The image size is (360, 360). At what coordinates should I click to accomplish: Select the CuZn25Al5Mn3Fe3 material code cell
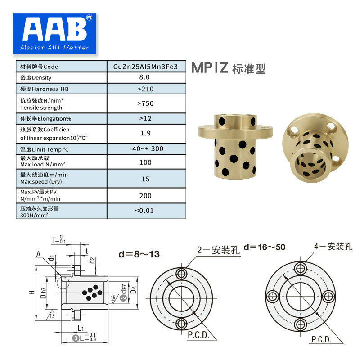click(x=145, y=67)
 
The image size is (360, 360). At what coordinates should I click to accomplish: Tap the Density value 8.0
click(x=145, y=77)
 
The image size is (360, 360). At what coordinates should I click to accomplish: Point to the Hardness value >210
click(x=145, y=89)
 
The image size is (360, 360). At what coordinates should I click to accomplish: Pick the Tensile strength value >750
click(x=145, y=103)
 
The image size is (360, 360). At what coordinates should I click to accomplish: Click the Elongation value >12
click(x=145, y=118)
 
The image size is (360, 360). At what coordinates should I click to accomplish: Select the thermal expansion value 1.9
click(x=145, y=133)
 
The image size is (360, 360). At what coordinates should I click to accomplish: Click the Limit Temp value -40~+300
click(x=145, y=148)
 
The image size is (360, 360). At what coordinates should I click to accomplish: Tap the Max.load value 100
click(x=145, y=162)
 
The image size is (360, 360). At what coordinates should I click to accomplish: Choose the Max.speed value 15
click(x=145, y=179)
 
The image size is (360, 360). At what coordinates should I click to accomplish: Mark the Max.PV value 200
click(x=145, y=196)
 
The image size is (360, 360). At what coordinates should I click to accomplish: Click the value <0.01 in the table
click(x=145, y=211)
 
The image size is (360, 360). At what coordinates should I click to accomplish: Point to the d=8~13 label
click(x=139, y=254)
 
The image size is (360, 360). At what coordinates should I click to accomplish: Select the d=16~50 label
click(x=265, y=247)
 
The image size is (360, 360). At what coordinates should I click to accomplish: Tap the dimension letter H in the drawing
click(x=31, y=292)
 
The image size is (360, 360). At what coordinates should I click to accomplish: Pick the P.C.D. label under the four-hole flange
click(x=321, y=339)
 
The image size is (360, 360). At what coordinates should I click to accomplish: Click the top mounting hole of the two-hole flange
click(x=182, y=274)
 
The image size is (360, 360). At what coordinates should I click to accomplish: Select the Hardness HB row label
click(x=45, y=89)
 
